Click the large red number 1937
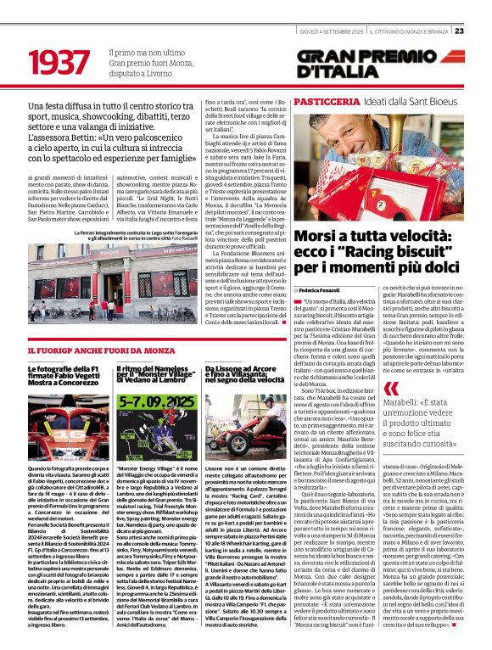[60, 64]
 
